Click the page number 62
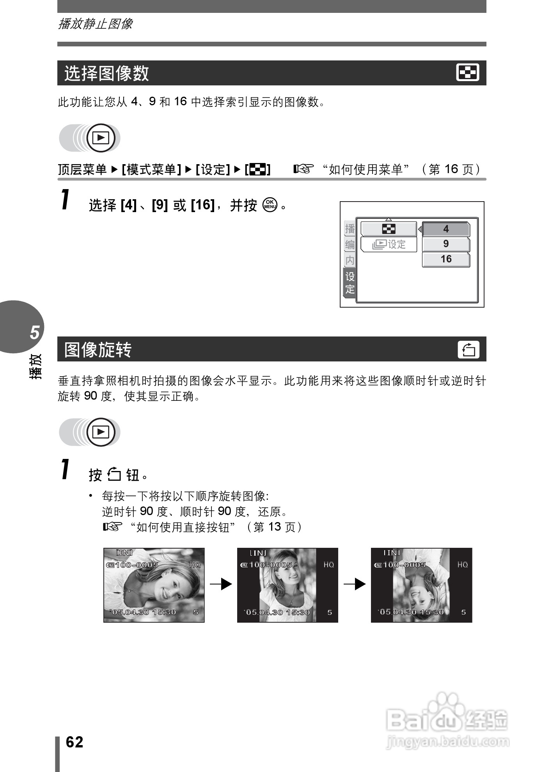click(75, 742)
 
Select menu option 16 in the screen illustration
click(446, 259)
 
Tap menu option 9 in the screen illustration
click(446, 244)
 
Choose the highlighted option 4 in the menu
click(446, 229)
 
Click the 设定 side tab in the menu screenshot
click(350, 283)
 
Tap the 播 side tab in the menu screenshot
click(350, 229)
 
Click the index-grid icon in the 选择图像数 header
click(468, 73)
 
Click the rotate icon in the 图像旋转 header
click(468, 349)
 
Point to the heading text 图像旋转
click(98, 350)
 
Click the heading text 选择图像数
click(106, 73)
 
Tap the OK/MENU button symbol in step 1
click(270, 205)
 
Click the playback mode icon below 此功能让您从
click(101, 138)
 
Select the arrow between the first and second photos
click(221, 584)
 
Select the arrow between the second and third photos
click(355, 584)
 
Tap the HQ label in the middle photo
click(328, 565)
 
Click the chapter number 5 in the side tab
click(35, 332)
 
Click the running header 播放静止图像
click(95, 24)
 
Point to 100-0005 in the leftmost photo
click(137, 565)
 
